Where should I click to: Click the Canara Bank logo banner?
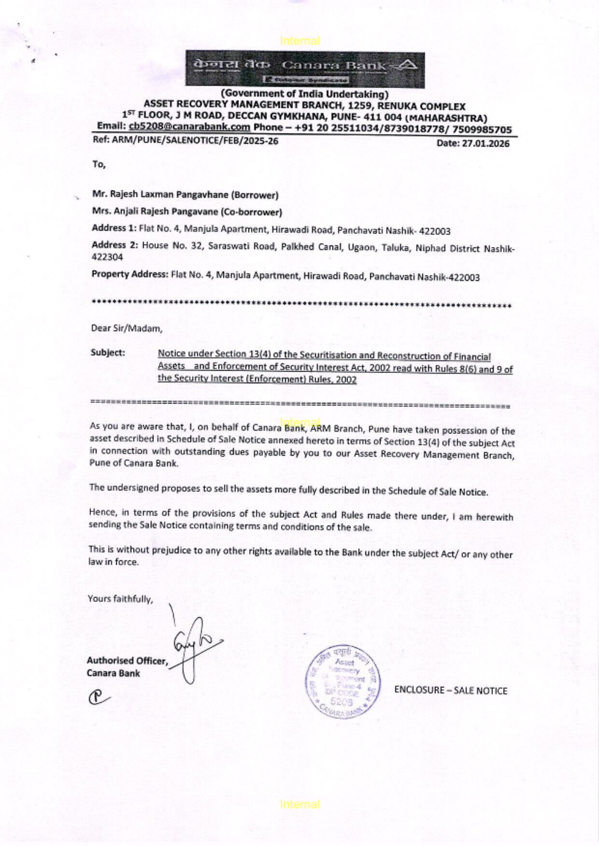tap(305, 69)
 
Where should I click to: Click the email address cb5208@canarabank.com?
tap(189, 127)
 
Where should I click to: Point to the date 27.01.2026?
tap(485, 143)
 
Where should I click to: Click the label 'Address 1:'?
tap(114, 228)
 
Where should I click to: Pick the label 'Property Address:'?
tap(129, 274)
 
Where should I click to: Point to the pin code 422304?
tap(107, 257)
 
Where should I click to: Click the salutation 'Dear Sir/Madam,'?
tap(126, 328)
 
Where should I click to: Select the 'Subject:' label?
tap(108, 353)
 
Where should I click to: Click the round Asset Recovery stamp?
tap(343, 682)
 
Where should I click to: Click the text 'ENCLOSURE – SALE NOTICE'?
tap(450, 690)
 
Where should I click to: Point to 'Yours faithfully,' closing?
tap(120, 599)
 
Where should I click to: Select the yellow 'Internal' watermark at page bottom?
tap(299, 805)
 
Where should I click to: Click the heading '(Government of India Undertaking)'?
tap(304, 94)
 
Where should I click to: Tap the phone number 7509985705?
tap(482, 129)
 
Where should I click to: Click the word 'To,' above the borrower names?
tap(99, 164)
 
